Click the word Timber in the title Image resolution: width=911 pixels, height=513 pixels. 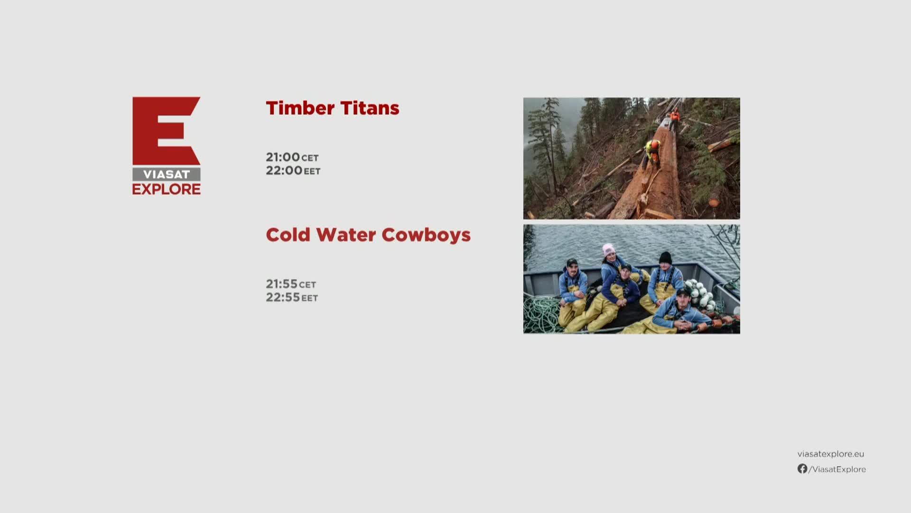[x=300, y=108]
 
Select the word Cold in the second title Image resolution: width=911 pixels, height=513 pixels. [x=288, y=235]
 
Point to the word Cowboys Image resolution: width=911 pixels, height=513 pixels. [x=426, y=236]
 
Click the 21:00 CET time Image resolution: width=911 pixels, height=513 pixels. [x=292, y=157]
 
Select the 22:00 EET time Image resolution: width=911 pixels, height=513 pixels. [x=293, y=171]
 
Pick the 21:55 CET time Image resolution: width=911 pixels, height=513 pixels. [x=291, y=284]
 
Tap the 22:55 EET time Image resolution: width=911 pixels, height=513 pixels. [x=292, y=297]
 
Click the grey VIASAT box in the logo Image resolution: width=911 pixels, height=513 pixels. [x=167, y=174]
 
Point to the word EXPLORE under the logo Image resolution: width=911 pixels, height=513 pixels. [x=167, y=189]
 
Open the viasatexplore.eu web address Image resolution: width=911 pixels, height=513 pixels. [x=831, y=454]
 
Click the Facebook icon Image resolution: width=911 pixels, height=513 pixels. [x=802, y=469]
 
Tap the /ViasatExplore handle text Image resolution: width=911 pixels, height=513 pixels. [x=837, y=469]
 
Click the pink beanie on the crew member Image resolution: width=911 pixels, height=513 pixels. [x=608, y=249]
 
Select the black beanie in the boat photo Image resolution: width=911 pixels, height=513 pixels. [x=665, y=257]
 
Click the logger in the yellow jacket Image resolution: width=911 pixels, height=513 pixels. [x=652, y=152]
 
